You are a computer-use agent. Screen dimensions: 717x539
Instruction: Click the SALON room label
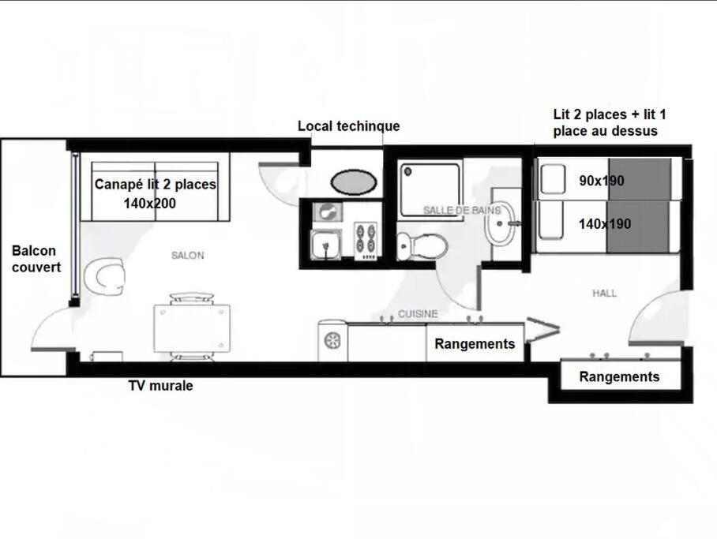coord(187,255)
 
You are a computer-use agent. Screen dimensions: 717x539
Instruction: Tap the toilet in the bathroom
coord(421,246)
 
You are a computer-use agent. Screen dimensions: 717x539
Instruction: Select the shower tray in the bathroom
coord(430,189)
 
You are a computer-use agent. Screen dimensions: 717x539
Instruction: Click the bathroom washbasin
coord(501,223)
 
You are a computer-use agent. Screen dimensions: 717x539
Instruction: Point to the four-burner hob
coord(366,241)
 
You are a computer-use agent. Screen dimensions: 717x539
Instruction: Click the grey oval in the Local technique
coord(354,182)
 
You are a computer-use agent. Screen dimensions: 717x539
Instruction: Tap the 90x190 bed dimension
coord(601,181)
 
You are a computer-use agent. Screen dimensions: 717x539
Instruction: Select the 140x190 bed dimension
coord(605,223)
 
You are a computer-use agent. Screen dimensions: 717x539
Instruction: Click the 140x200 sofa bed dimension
coord(149,203)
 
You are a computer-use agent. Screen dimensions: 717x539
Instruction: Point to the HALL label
coord(604,293)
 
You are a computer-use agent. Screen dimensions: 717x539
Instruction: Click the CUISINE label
coord(418,313)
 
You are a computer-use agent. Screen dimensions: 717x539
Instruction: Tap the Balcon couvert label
coord(36,259)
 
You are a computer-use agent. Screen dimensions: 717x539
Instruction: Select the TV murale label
coord(160,385)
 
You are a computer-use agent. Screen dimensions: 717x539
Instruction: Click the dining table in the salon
coord(192,328)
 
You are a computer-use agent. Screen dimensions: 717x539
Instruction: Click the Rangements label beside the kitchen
coord(475,343)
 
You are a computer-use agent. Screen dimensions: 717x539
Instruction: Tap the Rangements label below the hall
coord(619,376)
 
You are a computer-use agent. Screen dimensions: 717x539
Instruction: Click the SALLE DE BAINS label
coord(462,210)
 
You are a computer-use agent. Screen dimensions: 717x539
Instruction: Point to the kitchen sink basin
coord(325,245)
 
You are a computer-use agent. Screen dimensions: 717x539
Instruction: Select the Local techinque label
coord(349,125)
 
